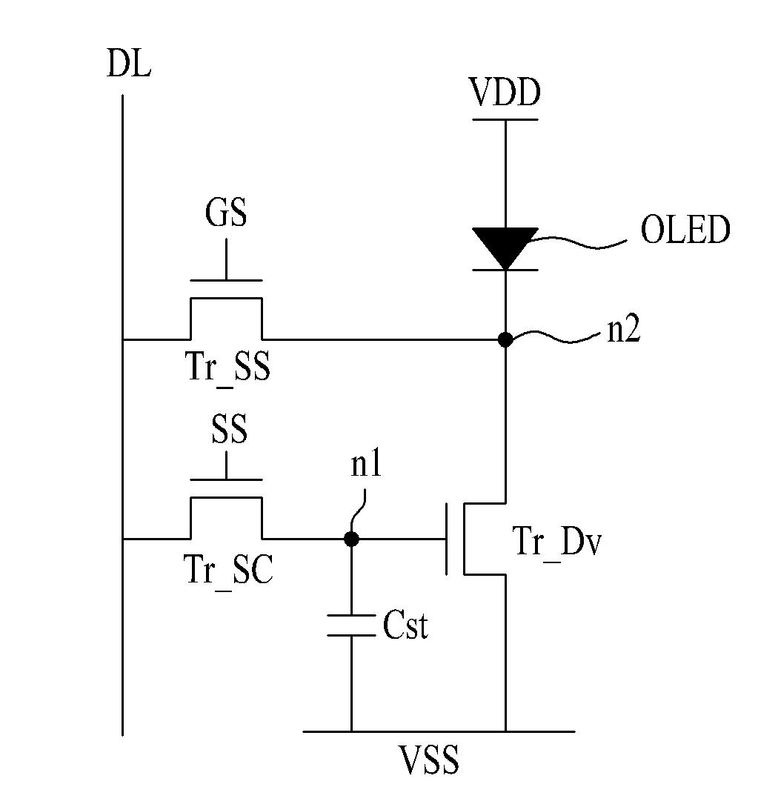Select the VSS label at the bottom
coord(430,760)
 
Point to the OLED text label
coord(685,229)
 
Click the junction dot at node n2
coord(505,339)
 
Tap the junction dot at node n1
coord(351,539)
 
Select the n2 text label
coord(624,330)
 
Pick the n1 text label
coord(366,464)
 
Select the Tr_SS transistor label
coord(228,367)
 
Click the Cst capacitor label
coord(405,625)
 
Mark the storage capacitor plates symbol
coord(351,625)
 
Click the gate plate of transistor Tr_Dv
coord(446,539)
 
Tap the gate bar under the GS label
coord(226,281)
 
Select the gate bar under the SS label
coord(226,479)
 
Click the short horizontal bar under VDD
coord(505,119)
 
